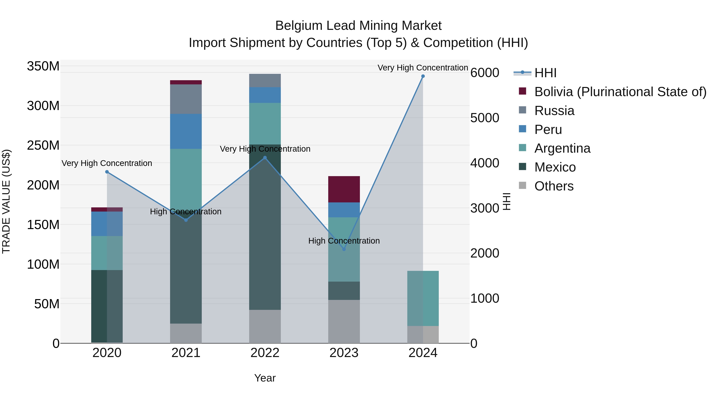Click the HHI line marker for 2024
pyautogui.click(x=423, y=76)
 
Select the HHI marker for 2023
pyautogui.click(x=344, y=249)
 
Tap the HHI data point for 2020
pyautogui.click(x=107, y=172)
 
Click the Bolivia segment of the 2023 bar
pyautogui.click(x=344, y=189)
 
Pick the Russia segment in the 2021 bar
pyautogui.click(x=186, y=99)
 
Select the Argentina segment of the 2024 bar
pyautogui.click(x=423, y=298)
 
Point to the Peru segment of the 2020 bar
pyautogui.click(x=107, y=224)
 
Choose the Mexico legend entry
pyautogui.click(x=555, y=167)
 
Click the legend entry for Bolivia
pyautogui.click(x=620, y=92)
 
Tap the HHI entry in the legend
pyautogui.click(x=545, y=73)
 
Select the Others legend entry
pyautogui.click(x=554, y=186)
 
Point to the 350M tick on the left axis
pyautogui.click(x=43, y=66)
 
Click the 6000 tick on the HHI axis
pyautogui.click(x=485, y=73)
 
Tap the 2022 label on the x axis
pyautogui.click(x=265, y=353)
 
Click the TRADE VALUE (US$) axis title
pyautogui.click(x=6, y=201)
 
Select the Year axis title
pyautogui.click(x=265, y=378)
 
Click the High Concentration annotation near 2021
pyautogui.click(x=186, y=212)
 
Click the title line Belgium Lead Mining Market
pyautogui.click(x=358, y=26)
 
